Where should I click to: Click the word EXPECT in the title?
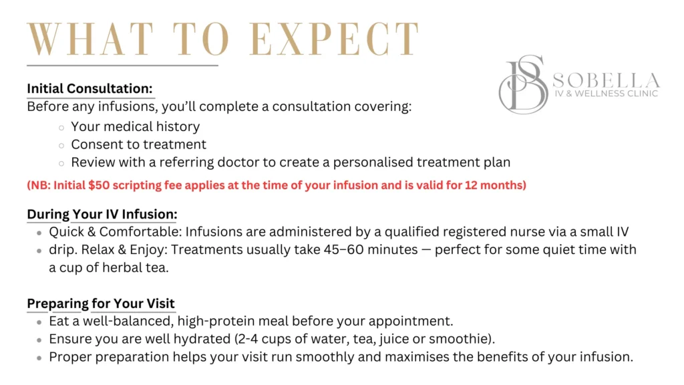coord(334,39)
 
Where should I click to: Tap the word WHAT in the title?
coord(91,39)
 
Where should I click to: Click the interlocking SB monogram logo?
coord(524,84)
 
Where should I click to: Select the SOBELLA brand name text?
coord(607,80)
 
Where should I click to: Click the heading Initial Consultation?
coord(90,89)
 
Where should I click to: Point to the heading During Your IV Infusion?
coord(102,215)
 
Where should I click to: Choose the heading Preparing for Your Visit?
coord(101,303)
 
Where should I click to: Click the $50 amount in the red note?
coord(99,185)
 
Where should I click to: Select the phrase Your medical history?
coord(136,126)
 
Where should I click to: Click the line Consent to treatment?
coord(139,144)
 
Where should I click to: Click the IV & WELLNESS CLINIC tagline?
coord(607,94)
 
